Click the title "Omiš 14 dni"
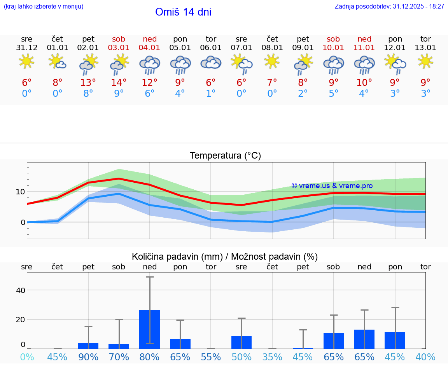[183, 12]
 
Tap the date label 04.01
[150, 48]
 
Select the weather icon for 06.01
[211, 63]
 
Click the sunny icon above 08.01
[272, 61]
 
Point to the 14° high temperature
[119, 82]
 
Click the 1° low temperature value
[211, 94]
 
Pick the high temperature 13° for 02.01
[88, 82]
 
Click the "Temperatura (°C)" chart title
[225, 156]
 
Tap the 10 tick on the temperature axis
[20, 192]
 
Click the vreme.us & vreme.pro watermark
[332, 186]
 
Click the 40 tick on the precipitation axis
[20, 290]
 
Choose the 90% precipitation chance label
[88, 357]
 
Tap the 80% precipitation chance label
[150, 357]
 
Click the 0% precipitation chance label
[27, 357]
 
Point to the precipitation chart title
[225, 257]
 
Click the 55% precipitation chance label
[211, 357]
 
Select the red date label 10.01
[333, 48]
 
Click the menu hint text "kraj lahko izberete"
[43, 7]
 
